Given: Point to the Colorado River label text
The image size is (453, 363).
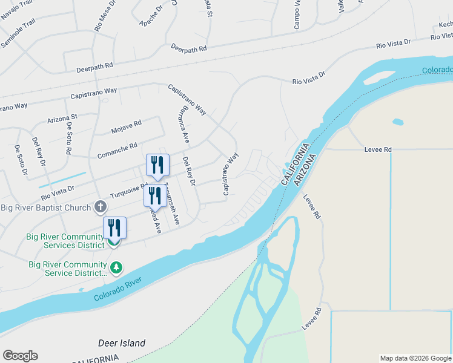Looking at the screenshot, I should pyautogui.click(x=117, y=289).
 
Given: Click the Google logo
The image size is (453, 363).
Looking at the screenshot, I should pyautogui.click(x=20, y=356).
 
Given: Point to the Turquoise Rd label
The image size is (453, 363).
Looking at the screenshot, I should pyautogui.click(x=127, y=192).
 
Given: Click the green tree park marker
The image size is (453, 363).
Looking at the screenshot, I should pyautogui.click(x=116, y=267).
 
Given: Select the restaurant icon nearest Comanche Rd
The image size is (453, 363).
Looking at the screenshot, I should pyautogui.click(x=157, y=165).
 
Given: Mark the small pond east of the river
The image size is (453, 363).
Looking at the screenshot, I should pyautogui.click(x=398, y=122).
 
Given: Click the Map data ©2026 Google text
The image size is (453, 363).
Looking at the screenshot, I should pyautogui.click(x=415, y=358).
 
